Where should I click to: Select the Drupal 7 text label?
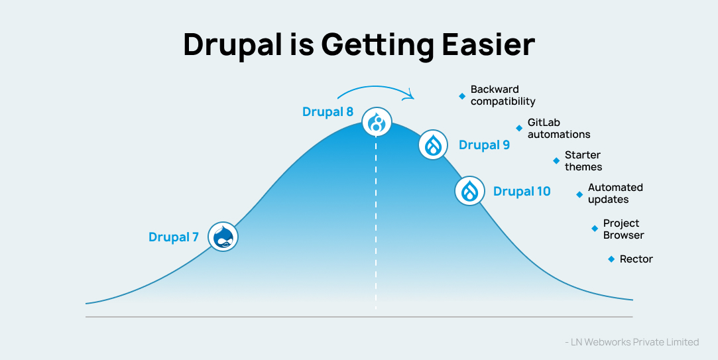click(x=174, y=237)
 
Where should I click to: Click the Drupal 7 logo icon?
click(x=223, y=236)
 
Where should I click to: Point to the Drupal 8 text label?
click(x=328, y=112)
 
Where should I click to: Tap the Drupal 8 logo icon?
click(x=377, y=122)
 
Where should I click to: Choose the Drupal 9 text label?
click(x=484, y=145)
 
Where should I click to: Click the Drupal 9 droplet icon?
click(x=434, y=145)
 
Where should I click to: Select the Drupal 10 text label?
click(x=522, y=191)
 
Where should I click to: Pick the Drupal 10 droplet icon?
click(x=469, y=191)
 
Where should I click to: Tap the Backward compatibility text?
click(x=503, y=95)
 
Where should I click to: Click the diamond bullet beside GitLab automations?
click(x=519, y=128)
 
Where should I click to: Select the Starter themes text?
click(x=583, y=160)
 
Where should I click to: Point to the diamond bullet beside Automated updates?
click(x=579, y=194)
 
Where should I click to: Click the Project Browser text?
click(x=623, y=229)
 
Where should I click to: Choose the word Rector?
click(x=636, y=259)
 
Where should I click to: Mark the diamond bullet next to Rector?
click(x=611, y=259)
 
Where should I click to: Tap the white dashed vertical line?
click(x=376, y=225)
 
